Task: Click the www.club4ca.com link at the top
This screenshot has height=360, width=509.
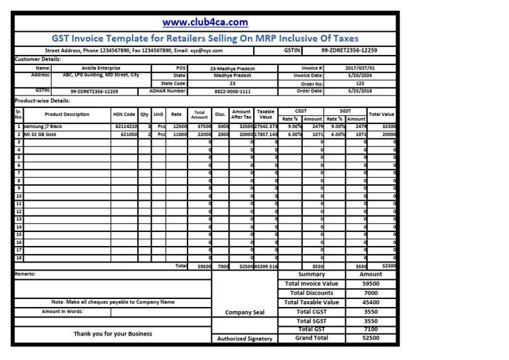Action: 205,23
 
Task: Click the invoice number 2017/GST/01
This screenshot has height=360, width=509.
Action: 360,68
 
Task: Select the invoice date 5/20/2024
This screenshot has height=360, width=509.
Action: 360,76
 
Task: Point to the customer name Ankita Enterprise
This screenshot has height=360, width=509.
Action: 101,68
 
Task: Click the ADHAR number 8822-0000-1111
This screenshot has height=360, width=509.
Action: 232,91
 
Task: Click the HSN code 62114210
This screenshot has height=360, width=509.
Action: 125,126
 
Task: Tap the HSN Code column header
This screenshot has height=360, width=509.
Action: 124,114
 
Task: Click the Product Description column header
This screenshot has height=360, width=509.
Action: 67,114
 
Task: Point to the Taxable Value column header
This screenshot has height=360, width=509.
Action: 266,114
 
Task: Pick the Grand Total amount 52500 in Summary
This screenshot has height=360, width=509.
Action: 370,338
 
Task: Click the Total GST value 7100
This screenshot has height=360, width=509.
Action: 370,329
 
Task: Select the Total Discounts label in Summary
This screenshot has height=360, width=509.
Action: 311,293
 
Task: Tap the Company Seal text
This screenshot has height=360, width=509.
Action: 245,312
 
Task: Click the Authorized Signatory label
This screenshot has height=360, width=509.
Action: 245,339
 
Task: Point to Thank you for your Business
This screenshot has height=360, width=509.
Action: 113,334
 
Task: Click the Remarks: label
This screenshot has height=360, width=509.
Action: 25,274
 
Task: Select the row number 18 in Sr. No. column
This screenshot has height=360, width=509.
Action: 19,257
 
